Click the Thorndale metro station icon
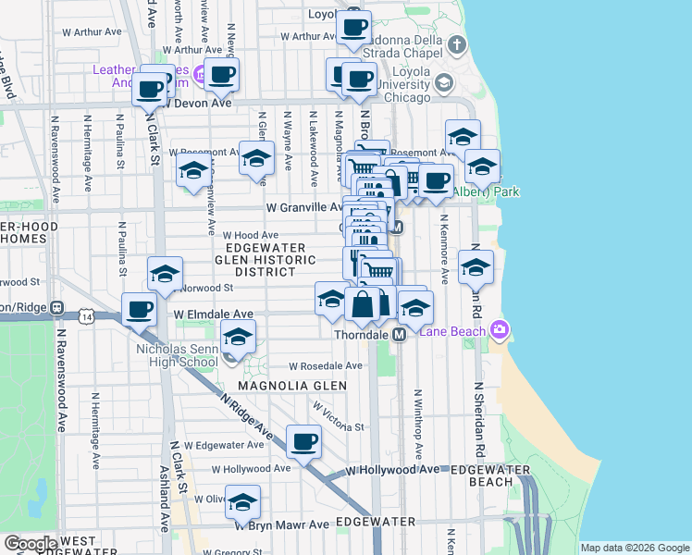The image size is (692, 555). coord(400,334)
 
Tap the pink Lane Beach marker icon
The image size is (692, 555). coord(500,328)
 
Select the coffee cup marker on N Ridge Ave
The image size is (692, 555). coord(303,441)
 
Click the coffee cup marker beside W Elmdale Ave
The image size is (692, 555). coord(139,309)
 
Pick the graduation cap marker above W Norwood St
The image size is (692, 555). coord(165,274)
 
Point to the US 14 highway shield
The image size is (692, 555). coord(87,316)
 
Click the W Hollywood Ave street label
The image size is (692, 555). coord(392,470)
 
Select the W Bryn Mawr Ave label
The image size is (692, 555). coord(281,524)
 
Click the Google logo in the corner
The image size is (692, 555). coord(30,543)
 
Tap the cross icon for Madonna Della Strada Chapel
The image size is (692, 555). coord(456,43)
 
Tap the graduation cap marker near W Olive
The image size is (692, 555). coord(242,501)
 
